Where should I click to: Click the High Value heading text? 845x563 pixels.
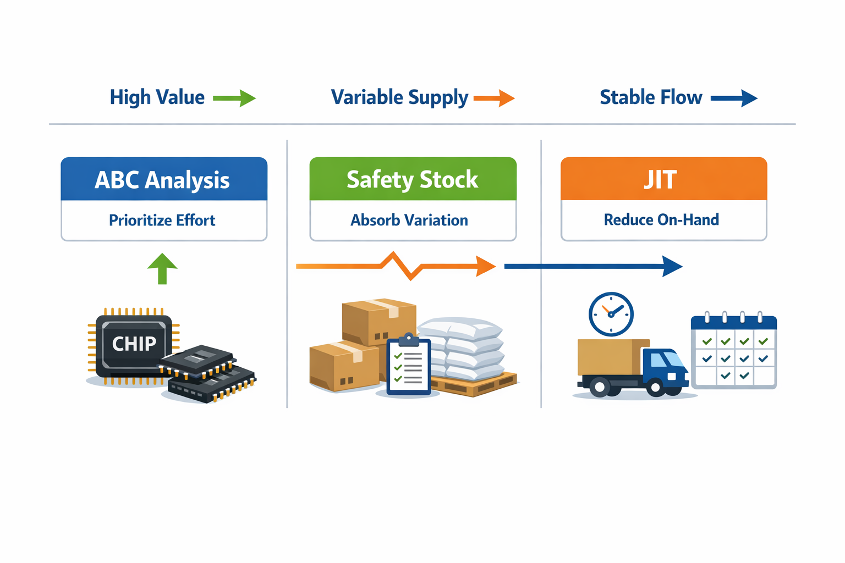point(157,97)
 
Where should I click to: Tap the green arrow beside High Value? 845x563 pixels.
point(234,98)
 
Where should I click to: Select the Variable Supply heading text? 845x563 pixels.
point(399,98)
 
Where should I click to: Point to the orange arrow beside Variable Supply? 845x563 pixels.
point(494,98)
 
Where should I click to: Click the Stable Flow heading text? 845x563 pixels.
point(651,97)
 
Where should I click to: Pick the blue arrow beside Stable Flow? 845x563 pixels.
point(734,98)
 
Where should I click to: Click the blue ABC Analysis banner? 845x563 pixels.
point(164,179)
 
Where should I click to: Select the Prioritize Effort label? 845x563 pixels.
point(162,220)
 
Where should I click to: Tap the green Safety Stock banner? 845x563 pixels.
point(413,179)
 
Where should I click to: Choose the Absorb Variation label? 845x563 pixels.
point(409,220)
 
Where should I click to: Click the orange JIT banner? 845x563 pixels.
point(664,179)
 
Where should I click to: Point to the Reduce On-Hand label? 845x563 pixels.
point(661,219)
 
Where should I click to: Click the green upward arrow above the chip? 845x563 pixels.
point(162,268)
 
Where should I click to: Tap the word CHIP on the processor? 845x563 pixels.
point(134,344)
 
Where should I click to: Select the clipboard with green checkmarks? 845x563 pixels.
point(409,364)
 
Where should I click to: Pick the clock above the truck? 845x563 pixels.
point(611,314)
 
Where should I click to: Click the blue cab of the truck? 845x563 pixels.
point(665,368)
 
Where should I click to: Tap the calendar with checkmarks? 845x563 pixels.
point(734,350)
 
